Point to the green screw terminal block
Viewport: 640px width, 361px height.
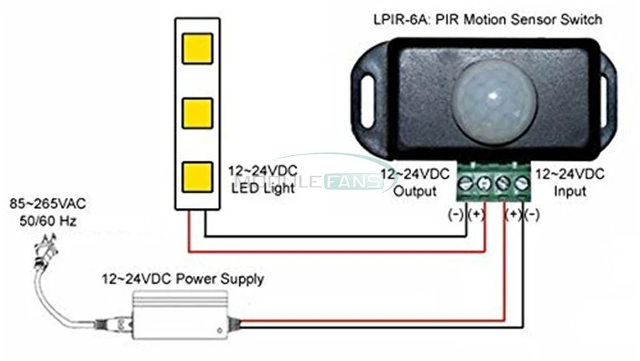pos(492,184)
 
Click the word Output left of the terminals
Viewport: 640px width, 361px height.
pos(418,191)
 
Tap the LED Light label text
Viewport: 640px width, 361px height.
pos(258,189)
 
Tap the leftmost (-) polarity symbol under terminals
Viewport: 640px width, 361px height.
pos(456,214)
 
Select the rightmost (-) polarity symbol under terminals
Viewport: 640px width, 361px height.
pos(531,214)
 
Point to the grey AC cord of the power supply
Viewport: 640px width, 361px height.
pos(68,304)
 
